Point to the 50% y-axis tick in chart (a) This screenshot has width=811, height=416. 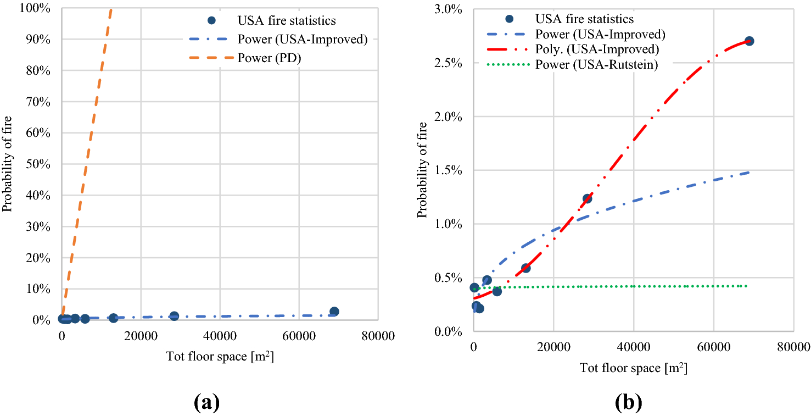[x=41, y=164]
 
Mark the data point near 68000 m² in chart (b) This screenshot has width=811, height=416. [x=749, y=41]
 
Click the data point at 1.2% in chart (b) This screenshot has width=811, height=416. [x=587, y=198]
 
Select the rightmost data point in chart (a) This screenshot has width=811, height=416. [x=334, y=312]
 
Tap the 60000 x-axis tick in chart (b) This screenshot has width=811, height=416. [x=713, y=346]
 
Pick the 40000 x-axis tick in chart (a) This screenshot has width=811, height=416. [x=220, y=335]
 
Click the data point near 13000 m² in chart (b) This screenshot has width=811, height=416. [x=525, y=268]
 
